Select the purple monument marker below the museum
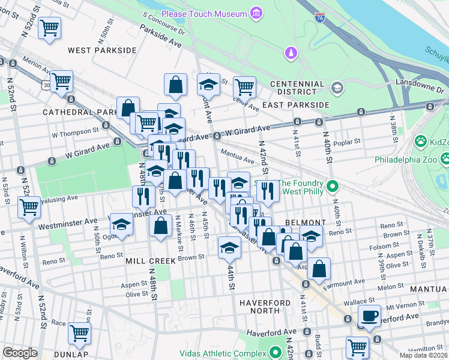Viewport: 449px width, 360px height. [x=291, y=53]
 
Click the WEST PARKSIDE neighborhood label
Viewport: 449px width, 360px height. [x=102, y=50]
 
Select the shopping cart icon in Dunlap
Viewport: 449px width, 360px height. [x=79, y=333]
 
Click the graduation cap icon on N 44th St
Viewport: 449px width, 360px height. [x=229, y=247]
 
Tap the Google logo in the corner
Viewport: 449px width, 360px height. [x=20, y=353]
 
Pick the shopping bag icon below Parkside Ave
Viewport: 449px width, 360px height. [x=175, y=85]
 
